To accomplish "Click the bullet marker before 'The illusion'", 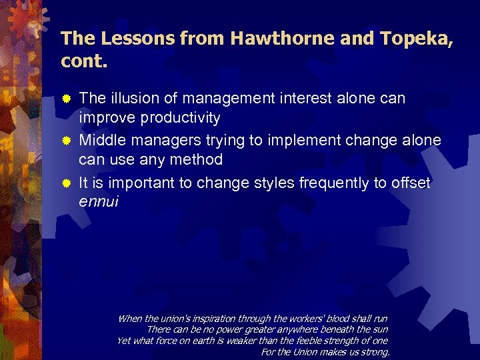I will click(67, 99).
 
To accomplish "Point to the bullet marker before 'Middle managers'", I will click(67, 141).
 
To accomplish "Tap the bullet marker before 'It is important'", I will click(67, 183).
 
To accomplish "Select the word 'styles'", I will click(275, 183).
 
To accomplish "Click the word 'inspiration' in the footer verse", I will click(196, 319).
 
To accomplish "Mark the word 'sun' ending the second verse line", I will click(380, 329).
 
